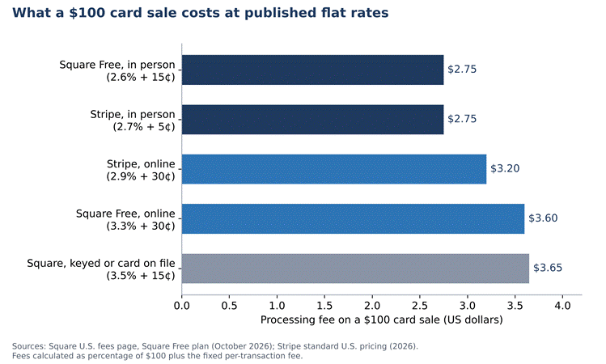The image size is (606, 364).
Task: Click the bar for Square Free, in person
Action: tap(312, 70)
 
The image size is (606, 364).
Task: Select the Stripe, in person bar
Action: tap(312, 120)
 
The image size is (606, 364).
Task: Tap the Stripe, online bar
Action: tap(334, 169)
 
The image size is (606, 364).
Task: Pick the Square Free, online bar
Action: tap(354, 218)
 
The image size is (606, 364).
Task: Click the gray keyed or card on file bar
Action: tap(355, 269)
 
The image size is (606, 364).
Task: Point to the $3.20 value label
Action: tap(505, 168)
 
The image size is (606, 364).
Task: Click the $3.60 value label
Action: tap(543, 218)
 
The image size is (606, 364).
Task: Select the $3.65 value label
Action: tap(548, 268)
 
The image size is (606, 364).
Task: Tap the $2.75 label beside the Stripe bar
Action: tap(462, 119)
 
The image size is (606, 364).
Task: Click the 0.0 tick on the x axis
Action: tap(182, 306)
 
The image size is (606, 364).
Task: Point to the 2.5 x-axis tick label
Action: tap(420, 306)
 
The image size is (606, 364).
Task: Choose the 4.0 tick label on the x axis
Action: tap(562, 306)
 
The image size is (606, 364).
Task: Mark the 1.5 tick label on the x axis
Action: tap(324, 306)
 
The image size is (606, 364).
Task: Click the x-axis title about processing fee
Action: tap(381, 320)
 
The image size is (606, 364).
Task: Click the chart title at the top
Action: tap(200, 13)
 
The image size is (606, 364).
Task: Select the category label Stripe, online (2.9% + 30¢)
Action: tap(141, 170)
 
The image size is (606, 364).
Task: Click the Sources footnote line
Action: tap(215, 346)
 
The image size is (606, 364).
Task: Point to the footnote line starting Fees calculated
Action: tap(157, 356)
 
